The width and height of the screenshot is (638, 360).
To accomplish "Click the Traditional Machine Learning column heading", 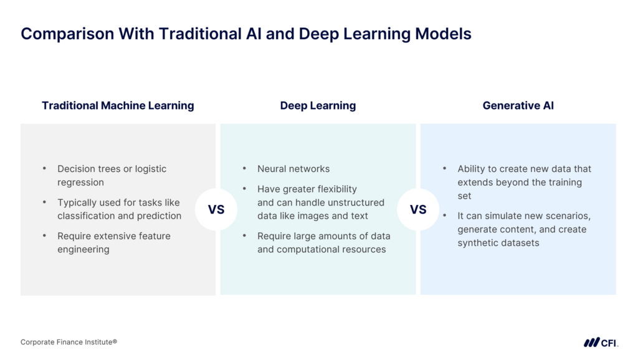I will [x=118, y=106].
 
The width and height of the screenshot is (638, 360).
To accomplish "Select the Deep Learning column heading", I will [x=318, y=106].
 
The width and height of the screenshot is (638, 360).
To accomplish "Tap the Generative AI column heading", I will [x=518, y=106].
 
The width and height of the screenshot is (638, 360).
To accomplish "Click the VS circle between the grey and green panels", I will [x=216, y=209].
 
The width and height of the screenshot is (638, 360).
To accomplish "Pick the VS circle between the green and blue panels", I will [x=418, y=209].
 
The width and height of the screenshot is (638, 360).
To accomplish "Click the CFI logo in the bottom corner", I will [x=601, y=342].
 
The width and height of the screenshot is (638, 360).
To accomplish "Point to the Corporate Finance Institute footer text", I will [x=69, y=342].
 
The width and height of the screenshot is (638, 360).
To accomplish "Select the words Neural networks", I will [x=293, y=169].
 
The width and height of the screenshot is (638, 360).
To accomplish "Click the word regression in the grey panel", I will [x=80, y=182].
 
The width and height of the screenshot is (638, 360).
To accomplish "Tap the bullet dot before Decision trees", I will [x=44, y=169].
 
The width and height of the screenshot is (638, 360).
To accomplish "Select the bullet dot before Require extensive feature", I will [x=44, y=236].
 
